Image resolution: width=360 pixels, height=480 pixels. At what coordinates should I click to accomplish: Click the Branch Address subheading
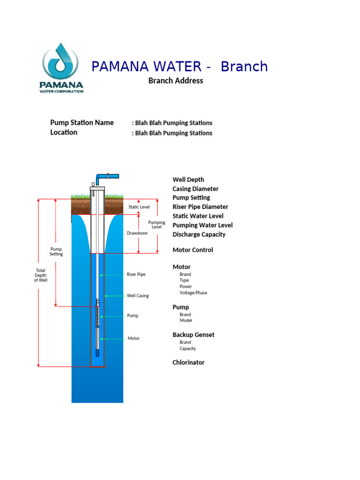[x=176, y=81]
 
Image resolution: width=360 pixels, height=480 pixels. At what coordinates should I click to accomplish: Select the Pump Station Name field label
[x=82, y=122]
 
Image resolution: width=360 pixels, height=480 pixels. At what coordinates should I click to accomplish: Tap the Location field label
[x=64, y=132]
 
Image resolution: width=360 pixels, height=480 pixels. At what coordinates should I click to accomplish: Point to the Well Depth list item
[x=188, y=180]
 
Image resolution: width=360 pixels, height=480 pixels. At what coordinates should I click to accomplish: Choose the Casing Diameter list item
[x=195, y=189]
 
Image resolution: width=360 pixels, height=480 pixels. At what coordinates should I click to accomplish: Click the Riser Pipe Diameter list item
[x=200, y=207]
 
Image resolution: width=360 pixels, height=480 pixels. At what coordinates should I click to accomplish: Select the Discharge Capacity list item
[x=199, y=234]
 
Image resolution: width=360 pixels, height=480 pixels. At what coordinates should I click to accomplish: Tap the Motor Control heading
[x=193, y=250]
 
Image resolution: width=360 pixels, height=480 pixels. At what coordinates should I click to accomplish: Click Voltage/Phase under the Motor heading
[x=194, y=292]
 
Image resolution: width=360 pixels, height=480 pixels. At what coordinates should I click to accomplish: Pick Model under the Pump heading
[x=186, y=320]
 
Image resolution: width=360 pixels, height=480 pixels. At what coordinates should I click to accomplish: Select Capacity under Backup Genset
[x=187, y=348]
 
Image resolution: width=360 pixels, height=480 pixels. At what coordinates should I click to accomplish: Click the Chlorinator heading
[x=188, y=362]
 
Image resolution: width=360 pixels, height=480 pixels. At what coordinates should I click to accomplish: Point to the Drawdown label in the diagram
[x=137, y=233]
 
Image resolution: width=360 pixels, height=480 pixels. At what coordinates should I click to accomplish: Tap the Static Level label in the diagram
[x=139, y=207]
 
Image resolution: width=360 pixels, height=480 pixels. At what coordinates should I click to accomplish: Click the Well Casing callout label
[x=138, y=296]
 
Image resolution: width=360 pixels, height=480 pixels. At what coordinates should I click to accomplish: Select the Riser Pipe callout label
[x=136, y=274]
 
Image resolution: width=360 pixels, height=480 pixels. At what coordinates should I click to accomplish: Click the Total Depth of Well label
[x=41, y=275]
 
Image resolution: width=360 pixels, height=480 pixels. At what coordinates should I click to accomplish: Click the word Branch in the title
[x=244, y=67]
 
